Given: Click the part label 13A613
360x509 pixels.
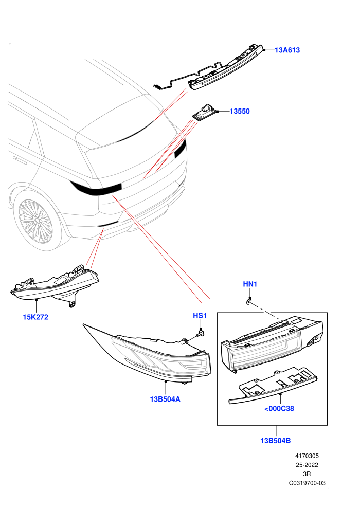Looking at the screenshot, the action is click(x=287, y=50).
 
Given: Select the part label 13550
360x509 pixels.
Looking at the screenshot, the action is click(x=240, y=112).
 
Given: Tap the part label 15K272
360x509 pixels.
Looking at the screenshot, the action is click(x=35, y=317).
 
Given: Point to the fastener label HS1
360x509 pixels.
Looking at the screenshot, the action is click(x=200, y=316).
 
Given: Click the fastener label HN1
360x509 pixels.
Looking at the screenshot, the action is click(x=250, y=284).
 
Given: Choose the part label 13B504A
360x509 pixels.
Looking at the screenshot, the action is click(x=165, y=399).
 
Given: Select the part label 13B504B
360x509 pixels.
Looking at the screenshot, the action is click(x=275, y=441).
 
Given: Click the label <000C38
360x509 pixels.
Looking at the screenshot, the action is click(x=279, y=409).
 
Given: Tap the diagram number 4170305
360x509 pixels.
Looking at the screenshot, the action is click(x=307, y=456).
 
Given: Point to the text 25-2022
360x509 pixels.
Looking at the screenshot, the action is click(x=307, y=465).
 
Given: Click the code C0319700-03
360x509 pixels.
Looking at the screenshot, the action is click(x=307, y=483).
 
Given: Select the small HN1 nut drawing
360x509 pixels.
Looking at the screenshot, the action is click(x=249, y=302).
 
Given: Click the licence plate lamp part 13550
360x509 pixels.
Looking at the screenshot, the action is click(x=205, y=113).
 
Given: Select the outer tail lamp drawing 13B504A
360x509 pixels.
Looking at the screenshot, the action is click(x=147, y=354).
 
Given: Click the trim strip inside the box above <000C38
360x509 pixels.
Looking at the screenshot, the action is click(x=273, y=386).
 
